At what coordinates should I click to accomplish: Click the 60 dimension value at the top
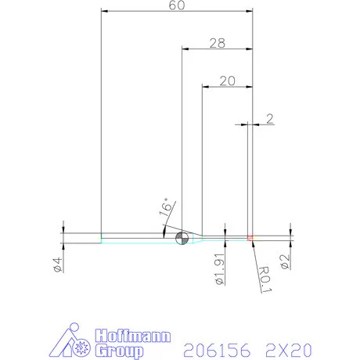pos(178,5)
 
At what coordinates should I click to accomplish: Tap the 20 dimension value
pos(228,81)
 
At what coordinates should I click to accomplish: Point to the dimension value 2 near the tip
pos(270,119)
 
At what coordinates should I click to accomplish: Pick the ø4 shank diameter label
pos(58,264)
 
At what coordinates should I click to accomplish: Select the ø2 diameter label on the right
pos(286,261)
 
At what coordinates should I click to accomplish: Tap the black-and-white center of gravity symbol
pos(182,239)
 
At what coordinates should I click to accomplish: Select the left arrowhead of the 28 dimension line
pos(185,48)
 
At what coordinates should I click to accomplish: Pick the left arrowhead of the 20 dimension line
pos(206,87)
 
